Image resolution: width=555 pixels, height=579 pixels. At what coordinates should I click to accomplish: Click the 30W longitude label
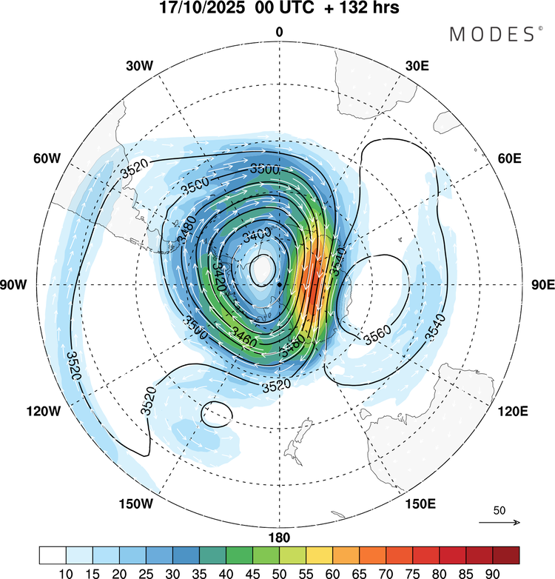coord(138,65)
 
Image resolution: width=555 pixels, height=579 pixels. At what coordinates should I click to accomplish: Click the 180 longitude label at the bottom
coord(279,537)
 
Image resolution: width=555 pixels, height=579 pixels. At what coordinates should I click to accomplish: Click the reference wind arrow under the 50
coord(499,523)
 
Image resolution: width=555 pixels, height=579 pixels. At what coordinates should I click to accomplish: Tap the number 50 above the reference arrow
coord(499,511)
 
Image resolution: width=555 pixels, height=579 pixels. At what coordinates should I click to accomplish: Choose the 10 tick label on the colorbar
coord(67,572)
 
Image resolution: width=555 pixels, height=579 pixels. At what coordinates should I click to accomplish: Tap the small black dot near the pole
coord(279,284)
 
